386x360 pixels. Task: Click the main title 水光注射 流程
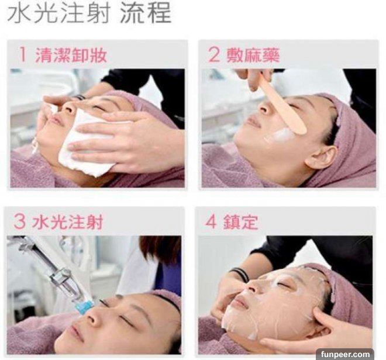(x=89, y=13)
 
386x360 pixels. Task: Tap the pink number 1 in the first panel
(x=23, y=54)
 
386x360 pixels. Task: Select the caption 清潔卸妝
(x=71, y=55)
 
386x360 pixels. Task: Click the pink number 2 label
(x=213, y=54)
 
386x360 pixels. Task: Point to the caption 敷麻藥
(x=253, y=55)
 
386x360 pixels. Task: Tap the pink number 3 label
(x=20, y=221)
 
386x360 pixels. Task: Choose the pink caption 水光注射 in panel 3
(x=67, y=221)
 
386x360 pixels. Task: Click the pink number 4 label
(x=211, y=221)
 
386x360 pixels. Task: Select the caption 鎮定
(x=240, y=221)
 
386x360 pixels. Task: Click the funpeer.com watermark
(x=345, y=354)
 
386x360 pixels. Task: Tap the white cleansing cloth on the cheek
(x=86, y=143)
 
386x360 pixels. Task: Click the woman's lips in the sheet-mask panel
(x=240, y=302)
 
